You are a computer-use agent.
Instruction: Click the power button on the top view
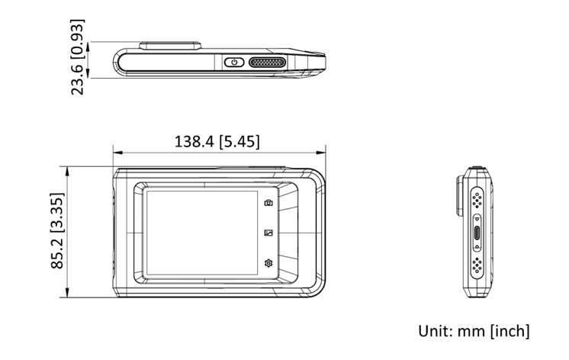(234, 62)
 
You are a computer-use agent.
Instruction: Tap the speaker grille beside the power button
(268, 62)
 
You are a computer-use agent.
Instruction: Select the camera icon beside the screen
(268, 203)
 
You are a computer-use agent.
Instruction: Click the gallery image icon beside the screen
(268, 233)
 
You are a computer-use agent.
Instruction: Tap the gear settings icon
(268, 263)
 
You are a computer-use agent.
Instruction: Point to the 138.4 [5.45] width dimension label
(217, 142)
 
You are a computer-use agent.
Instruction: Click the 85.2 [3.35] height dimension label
(57, 231)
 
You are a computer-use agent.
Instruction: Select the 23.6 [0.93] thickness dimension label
(77, 57)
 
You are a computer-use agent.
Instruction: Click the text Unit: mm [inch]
(474, 331)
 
